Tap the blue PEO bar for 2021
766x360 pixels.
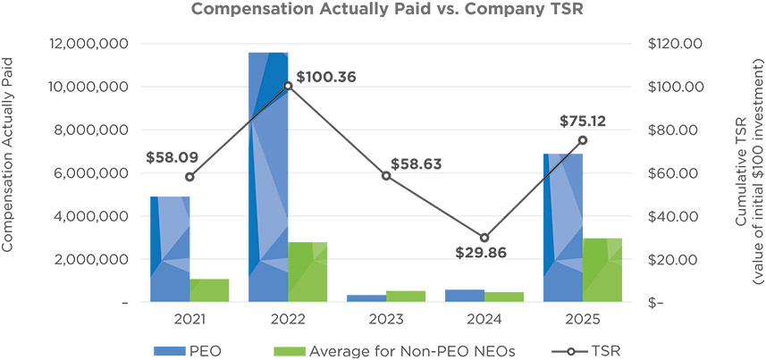[170, 249]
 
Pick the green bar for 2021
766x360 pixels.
[209, 291]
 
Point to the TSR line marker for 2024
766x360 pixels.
[484, 238]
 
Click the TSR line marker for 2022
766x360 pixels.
[288, 86]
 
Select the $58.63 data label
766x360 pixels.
[416, 165]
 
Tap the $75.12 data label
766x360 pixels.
[584, 121]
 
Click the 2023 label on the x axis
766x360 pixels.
[386, 319]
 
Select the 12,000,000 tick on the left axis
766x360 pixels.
[86, 44]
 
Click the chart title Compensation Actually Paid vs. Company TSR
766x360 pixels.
[381, 11]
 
